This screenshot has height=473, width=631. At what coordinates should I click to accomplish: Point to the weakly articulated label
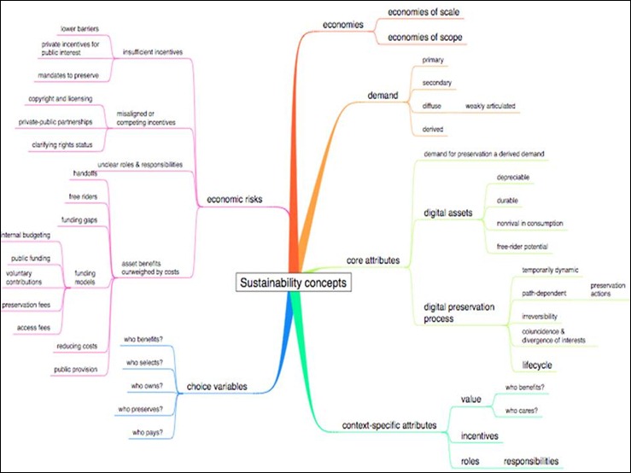pos(490,106)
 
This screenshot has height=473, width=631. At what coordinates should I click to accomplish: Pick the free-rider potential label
pos(523,247)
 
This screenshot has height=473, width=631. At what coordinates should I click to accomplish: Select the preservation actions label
pos(608,290)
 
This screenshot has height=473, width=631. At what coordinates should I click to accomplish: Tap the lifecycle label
pos(537,365)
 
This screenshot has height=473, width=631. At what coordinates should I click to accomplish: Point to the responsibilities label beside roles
pos(531,460)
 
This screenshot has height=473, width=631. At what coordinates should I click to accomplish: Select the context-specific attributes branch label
pos(389,425)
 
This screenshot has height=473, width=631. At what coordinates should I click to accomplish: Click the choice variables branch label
pos(217,387)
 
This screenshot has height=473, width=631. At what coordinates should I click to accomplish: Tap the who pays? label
pos(143,433)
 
